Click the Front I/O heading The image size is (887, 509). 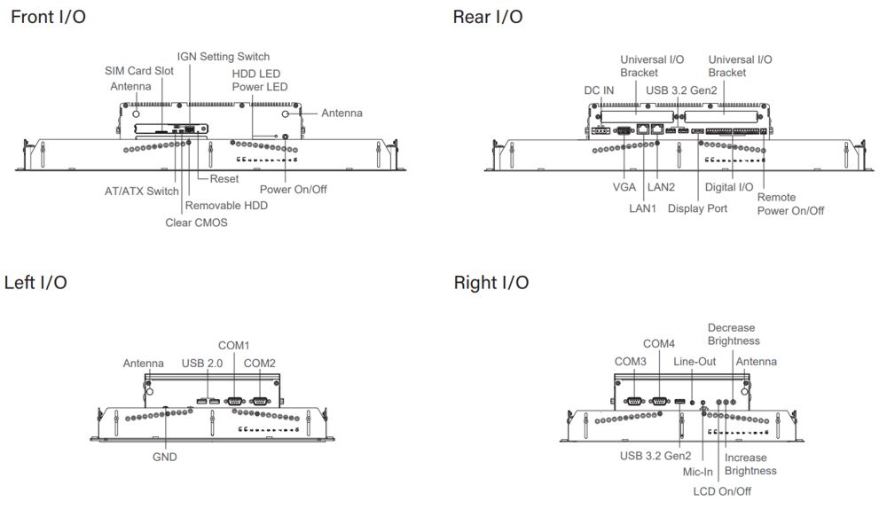[49, 17]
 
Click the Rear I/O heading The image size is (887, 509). [487, 17]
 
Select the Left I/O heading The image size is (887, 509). [35, 283]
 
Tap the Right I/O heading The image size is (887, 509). [491, 283]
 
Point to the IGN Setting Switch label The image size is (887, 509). [223, 57]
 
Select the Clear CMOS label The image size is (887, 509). [196, 223]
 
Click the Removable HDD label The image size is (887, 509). [226, 206]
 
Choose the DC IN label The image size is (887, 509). [600, 90]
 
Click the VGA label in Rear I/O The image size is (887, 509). [624, 188]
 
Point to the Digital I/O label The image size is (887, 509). [729, 188]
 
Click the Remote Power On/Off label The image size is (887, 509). [789, 204]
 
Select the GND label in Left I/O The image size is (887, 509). [164, 457]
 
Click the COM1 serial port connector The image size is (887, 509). [235, 401]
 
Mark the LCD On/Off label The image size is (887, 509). [721, 490]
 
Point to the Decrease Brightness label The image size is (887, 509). [734, 334]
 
